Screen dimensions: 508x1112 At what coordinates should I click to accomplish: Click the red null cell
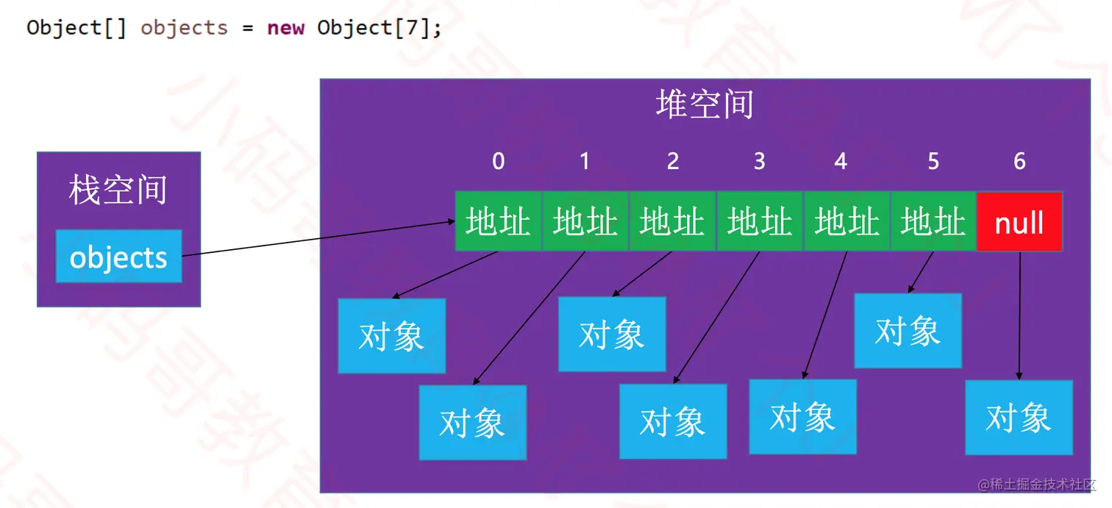1019,222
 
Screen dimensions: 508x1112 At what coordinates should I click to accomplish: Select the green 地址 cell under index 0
498,222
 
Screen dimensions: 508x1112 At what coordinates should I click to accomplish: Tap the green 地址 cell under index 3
760,222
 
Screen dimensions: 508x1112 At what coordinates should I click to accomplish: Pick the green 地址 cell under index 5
933,222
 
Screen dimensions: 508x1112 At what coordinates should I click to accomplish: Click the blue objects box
118,257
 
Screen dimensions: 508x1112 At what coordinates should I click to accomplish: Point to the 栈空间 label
118,190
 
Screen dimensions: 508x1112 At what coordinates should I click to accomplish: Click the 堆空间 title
705,104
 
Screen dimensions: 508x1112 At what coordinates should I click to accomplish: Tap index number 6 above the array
1019,162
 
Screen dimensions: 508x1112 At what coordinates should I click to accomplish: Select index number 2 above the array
672,162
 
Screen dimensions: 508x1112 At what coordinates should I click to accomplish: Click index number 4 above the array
841,162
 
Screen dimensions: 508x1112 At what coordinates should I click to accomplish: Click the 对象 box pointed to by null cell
1019,418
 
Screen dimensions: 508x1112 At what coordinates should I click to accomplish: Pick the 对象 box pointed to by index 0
391,336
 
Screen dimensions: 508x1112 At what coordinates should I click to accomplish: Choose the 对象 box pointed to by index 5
908,331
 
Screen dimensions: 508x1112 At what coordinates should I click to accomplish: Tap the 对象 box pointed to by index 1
472,423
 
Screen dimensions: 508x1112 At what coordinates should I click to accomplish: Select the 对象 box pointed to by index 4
802,417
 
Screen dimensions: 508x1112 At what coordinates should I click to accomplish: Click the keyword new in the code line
285,28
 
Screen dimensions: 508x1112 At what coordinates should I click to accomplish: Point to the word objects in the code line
184,28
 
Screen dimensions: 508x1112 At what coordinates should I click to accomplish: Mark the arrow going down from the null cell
1019,316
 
